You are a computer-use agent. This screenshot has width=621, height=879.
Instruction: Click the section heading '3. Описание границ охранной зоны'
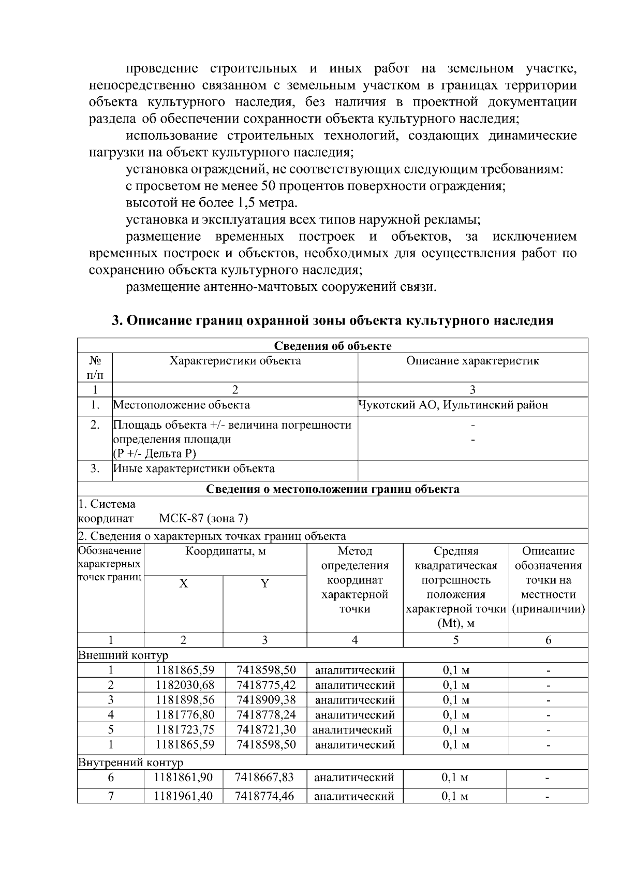[x=333, y=320]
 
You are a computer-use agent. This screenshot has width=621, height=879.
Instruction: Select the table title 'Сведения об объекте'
[x=332, y=346]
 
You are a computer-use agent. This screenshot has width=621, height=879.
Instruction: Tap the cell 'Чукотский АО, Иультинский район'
[x=453, y=405]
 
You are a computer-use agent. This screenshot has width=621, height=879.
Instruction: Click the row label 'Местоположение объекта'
[x=182, y=405]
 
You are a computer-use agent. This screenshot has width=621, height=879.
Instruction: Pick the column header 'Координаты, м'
[x=226, y=551]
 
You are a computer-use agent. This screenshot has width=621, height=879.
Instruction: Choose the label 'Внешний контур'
[x=123, y=655]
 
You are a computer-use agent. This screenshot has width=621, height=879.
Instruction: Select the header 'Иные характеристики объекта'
[x=194, y=469]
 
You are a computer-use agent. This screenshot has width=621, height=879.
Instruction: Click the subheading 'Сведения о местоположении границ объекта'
[x=332, y=489]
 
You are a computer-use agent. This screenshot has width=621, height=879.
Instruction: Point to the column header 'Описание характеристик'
[x=472, y=361]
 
